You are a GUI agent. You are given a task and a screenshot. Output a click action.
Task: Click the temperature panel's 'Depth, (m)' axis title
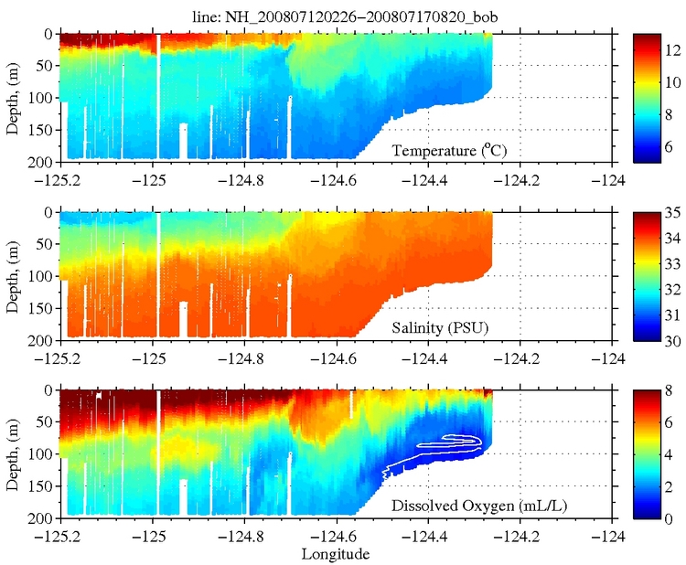[x=13, y=96]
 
